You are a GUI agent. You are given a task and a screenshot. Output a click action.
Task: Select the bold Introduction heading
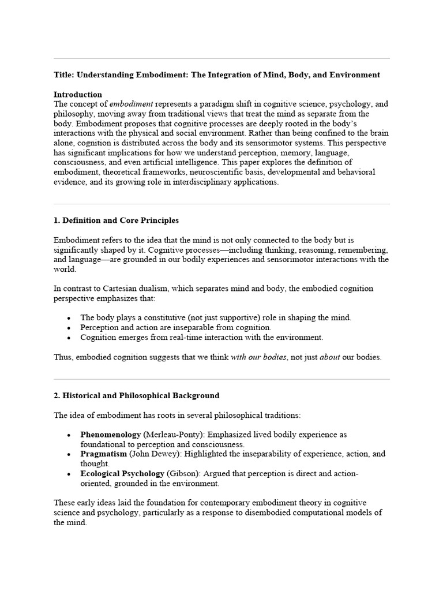point(78,94)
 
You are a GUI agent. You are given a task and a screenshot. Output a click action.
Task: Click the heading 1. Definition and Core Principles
point(116,220)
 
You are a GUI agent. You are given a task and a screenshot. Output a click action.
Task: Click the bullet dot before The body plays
point(69,318)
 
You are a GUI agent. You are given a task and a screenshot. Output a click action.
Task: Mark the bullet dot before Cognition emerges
point(69,338)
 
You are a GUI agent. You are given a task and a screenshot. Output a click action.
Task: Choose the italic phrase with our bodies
point(258,357)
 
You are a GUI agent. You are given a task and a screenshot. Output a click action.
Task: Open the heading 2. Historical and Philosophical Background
point(136,395)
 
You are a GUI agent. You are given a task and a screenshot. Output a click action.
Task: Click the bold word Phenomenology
point(110,434)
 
